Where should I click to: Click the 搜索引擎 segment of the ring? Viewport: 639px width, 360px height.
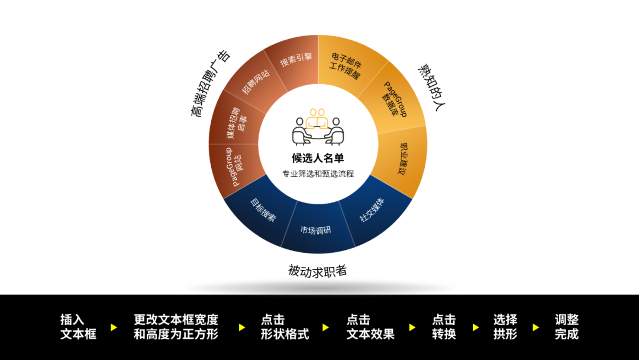point(293,62)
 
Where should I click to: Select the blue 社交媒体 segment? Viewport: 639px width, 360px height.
point(372,210)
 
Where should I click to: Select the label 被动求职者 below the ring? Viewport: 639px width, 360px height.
point(318,271)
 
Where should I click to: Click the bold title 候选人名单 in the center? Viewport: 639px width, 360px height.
point(318,158)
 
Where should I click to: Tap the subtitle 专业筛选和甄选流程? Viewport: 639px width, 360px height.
point(318,174)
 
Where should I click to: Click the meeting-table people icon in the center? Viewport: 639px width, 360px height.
point(318,126)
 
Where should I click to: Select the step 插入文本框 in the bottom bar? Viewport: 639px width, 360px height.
point(78,326)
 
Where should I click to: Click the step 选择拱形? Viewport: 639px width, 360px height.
point(505,326)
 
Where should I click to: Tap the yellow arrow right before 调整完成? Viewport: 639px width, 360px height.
point(536,327)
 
